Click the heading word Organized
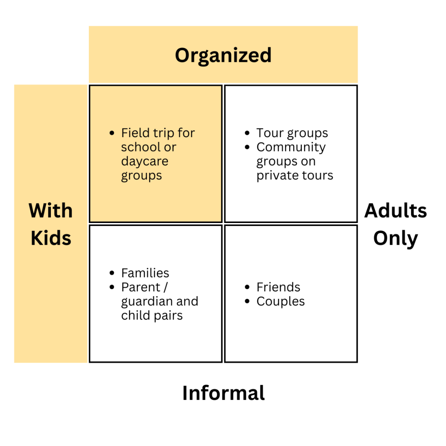223,55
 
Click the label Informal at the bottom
223,393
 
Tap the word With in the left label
51,211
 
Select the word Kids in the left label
51,238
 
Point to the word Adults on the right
395,211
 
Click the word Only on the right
395,238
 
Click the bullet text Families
145,273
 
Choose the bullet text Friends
278,287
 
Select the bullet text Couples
280,301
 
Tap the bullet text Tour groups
292,133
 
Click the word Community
291,147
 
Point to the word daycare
145,162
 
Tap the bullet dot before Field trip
113,133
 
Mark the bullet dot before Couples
248,301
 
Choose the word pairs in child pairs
168,315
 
